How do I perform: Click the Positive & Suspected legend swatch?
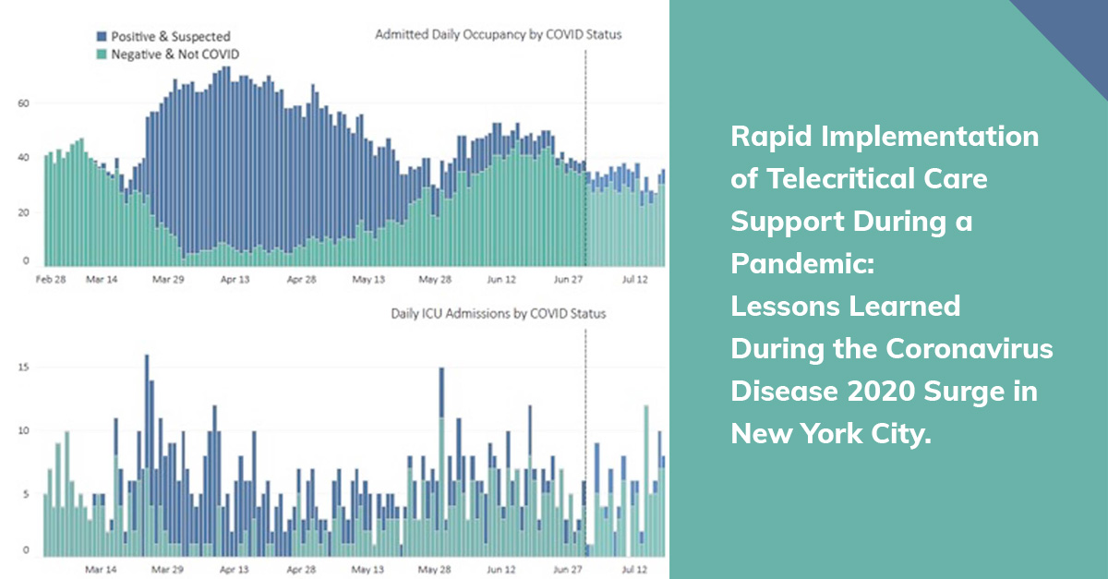[x=102, y=37]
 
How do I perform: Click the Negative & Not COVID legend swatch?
[x=102, y=54]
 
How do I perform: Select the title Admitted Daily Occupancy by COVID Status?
[x=498, y=35]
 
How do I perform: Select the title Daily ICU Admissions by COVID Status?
[x=499, y=314]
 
